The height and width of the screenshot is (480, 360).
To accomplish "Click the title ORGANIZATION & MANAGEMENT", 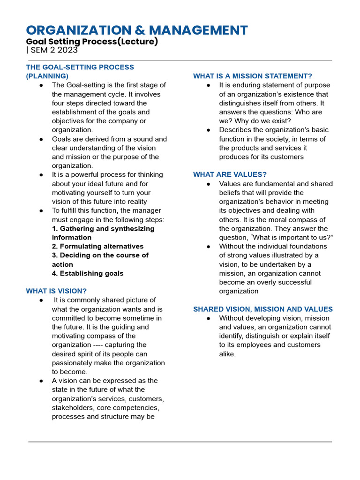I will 137,30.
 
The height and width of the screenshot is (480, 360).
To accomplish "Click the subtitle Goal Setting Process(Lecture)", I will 92,41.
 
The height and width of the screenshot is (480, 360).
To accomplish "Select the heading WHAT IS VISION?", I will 56,291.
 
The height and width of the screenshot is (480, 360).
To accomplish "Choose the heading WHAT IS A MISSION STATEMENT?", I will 253,76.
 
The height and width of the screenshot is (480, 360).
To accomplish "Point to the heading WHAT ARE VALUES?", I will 230,174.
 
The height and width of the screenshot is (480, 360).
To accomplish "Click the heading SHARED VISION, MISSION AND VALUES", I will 263,309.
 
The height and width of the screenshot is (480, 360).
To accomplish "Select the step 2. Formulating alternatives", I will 97,246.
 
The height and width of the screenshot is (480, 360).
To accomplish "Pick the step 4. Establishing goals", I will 88,273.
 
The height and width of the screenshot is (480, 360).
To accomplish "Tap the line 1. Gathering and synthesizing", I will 103,228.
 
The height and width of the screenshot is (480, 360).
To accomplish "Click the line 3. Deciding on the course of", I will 100,255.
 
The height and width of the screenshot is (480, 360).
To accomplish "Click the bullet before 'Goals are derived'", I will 42,139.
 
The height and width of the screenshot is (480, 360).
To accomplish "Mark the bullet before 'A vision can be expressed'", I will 42,381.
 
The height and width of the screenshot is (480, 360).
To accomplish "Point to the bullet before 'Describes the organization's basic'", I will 209,130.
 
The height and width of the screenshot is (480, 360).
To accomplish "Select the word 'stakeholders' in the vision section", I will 73,407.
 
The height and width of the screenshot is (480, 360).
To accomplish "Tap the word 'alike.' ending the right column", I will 227,354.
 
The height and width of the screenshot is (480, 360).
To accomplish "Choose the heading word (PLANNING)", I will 47,76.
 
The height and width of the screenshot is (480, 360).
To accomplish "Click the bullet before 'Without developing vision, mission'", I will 209,318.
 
